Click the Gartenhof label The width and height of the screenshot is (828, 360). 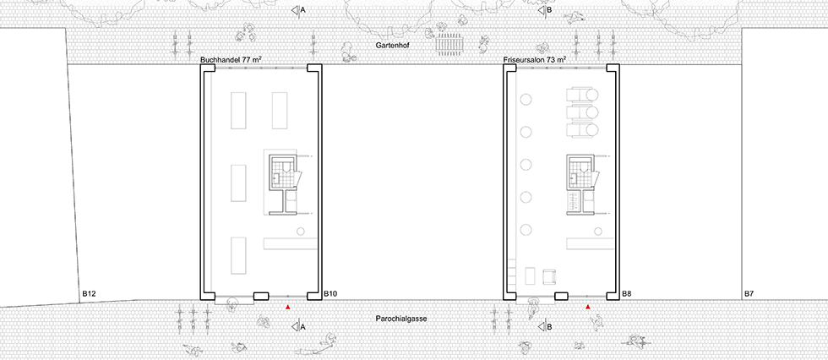(x=393, y=46)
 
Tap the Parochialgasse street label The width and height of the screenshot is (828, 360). (x=400, y=319)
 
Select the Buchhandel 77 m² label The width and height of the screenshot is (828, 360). (x=232, y=60)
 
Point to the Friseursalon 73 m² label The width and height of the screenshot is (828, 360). (x=534, y=60)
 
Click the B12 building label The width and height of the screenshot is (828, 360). (x=90, y=293)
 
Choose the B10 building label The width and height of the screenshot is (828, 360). (x=330, y=293)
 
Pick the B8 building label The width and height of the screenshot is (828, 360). (x=627, y=293)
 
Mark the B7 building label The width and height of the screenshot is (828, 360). (x=749, y=293)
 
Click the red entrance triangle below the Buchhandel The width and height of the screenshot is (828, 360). (x=288, y=307)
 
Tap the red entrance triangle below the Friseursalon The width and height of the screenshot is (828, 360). (x=588, y=307)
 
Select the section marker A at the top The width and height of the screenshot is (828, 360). (x=298, y=10)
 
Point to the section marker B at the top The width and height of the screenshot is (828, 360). (x=545, y=10)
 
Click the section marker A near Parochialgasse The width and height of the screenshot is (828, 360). (x=298, y=327)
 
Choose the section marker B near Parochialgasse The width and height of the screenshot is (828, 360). (x=545, y=327)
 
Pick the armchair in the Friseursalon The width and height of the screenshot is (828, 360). (x=550, y=275)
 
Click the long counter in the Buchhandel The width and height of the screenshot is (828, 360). (x=289, y=244)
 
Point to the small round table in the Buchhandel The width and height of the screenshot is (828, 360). (x=300, y=232)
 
